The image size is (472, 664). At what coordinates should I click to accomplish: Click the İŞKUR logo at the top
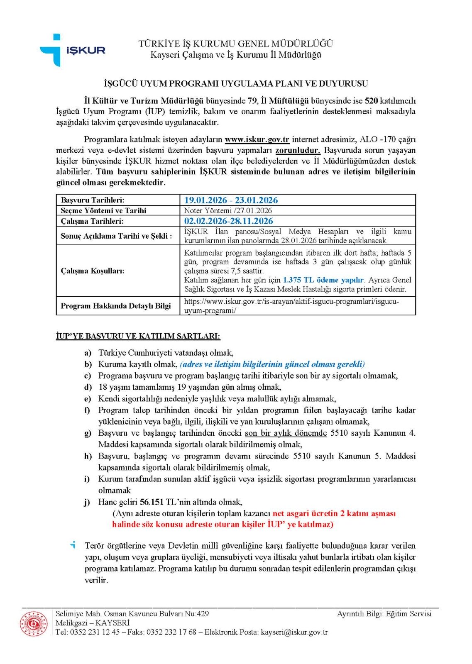tap(73, 50)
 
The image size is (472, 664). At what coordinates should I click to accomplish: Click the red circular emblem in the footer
tap(34, 623)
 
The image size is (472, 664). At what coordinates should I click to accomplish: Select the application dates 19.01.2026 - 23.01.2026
tap(231, 200)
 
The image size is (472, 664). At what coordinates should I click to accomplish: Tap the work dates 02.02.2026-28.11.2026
tap(228, 221)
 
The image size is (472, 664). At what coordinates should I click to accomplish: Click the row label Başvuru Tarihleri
tap(92, 200)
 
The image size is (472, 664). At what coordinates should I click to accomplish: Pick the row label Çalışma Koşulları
tap(92, 271)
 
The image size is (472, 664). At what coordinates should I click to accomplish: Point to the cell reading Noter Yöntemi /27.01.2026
tap(228, 210)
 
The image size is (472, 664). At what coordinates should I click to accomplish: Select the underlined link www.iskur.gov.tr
tap(257, 139)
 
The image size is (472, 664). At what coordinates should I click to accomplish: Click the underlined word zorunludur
tap(298, 150)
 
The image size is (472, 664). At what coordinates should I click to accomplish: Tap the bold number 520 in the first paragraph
tap(371, 100)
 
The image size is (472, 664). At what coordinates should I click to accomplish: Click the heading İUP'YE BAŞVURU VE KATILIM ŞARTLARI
tap(138, 336)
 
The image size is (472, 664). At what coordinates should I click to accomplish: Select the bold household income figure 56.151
tap(152, 502)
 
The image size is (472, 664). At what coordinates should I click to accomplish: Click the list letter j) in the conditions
tap(87, 502)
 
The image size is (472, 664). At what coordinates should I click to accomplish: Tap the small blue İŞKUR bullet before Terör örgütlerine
tap(73, 544)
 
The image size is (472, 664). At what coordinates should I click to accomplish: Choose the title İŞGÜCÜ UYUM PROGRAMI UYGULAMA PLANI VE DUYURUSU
tap(235, 84)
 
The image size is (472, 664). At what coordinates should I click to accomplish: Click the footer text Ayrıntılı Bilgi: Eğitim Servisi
tap(384, 614)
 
